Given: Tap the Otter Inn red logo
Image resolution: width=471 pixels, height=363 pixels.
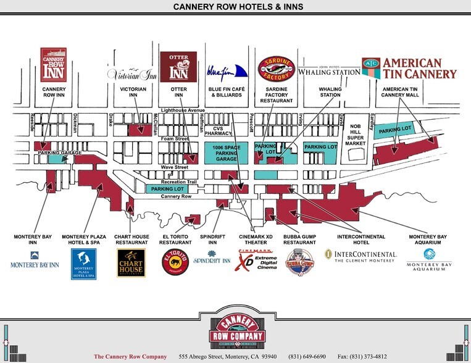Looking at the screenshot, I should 178,65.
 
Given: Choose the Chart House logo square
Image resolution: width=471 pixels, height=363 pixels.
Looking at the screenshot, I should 131,263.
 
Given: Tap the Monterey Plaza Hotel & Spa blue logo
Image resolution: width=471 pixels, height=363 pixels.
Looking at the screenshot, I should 83,264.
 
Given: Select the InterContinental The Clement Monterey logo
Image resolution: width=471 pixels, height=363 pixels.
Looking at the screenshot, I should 361,256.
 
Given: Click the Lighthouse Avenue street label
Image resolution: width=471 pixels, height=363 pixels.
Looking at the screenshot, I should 183,110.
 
